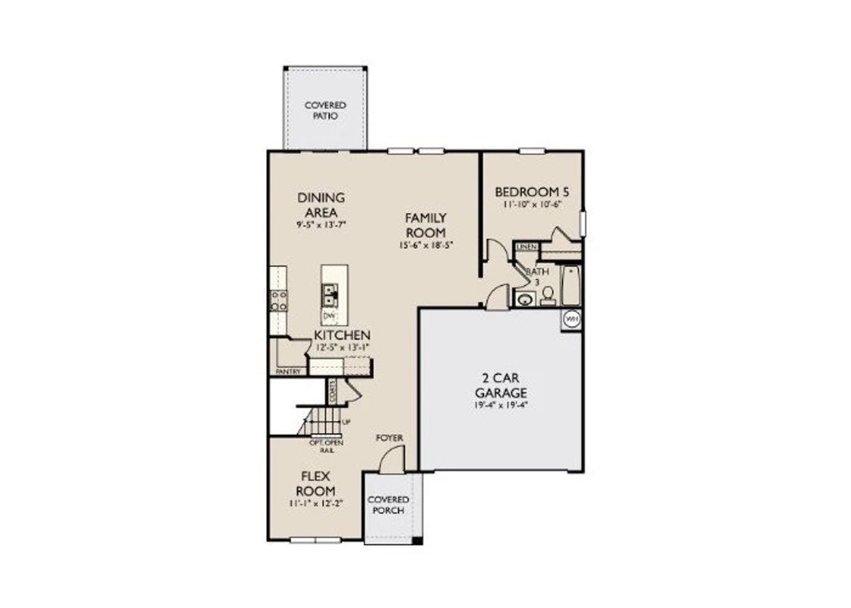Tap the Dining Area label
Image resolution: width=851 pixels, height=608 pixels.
pos(321,204)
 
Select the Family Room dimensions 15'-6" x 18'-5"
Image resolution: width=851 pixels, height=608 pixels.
pos(425,245)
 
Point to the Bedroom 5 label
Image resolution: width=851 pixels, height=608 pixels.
pos(532,192)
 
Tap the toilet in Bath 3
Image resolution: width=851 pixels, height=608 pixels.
pos(548,295)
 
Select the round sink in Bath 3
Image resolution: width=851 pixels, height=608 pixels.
pos(525,299)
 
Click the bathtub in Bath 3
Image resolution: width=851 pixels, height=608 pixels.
pos(571,285)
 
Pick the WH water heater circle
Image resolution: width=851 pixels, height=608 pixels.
pos(571,320)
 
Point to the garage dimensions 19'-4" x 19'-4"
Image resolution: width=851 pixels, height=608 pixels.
pos(501,404)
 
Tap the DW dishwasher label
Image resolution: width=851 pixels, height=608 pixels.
pos(329,315)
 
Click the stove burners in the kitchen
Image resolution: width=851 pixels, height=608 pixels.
pos(279,301)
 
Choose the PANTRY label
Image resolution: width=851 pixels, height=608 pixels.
pos(288,371)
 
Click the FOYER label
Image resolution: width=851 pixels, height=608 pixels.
pos(389,438)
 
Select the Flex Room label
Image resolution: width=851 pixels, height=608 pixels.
pos(312,484)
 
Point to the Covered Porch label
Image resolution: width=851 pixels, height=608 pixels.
pos(388,505)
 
